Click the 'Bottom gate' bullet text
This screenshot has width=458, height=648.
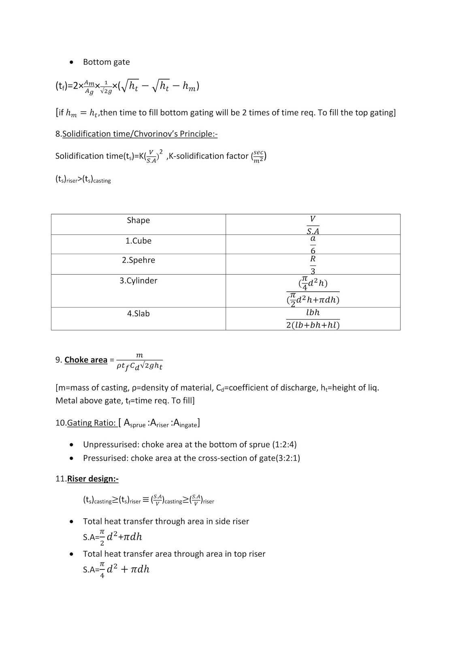tap(106, 62)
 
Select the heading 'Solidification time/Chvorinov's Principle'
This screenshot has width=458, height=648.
tap(140, 134)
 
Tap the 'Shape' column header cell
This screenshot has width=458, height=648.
tap(138, 220)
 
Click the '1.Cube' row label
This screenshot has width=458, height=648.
tap(138, 241)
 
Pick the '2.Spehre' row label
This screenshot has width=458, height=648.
tap(138, 260)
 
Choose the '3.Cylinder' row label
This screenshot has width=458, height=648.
tap(138, 281)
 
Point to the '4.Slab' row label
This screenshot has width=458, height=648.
tap(138, 313)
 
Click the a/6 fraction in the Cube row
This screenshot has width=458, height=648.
tap(313, 245)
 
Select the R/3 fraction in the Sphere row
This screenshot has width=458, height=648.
tap(313, 265)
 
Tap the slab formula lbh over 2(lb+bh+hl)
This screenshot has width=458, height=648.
tap(313, 319)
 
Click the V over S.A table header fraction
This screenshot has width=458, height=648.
tap(313, 225)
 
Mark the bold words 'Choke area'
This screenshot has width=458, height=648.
tap(86, 360)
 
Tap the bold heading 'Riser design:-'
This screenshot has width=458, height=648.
tap(93, 479)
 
